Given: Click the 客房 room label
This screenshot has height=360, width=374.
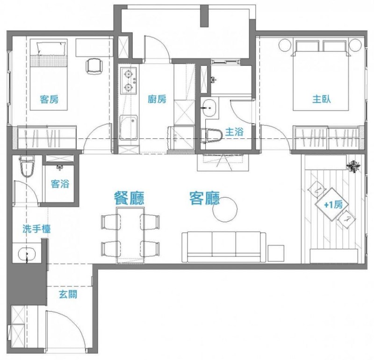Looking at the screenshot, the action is coord(49,99).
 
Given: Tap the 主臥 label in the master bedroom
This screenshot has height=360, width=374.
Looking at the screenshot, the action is coord(322,99).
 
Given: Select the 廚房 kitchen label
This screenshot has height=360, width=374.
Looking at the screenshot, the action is coord(157,99).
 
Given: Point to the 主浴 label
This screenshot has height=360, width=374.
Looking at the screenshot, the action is coord(234,132).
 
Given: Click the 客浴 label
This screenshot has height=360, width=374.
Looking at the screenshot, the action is coord(60,184).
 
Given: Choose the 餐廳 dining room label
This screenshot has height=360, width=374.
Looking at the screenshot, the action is coord(129,198).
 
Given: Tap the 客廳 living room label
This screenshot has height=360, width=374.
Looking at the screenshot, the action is coord(204,198).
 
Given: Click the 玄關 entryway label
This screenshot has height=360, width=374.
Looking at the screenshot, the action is coord(68,295).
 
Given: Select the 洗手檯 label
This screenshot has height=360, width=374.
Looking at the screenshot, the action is coord(36,229).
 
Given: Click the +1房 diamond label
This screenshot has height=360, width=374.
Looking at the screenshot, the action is coord(332,204).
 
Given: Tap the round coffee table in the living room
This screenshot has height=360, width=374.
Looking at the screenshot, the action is coord(225,209).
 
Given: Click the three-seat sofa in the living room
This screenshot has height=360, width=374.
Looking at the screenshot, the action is coord(224,247).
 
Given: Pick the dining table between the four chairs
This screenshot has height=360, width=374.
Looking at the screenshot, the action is coord(130,235).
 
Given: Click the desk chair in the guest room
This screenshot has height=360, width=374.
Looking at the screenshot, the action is coord(94,66).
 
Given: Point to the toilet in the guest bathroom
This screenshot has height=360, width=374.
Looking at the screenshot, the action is coord(27,166).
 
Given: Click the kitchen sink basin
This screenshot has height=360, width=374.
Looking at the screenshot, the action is coord(129,128).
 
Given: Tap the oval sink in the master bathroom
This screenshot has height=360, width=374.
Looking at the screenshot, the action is coord(209,108).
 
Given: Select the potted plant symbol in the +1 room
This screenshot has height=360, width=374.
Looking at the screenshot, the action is coord(354,166).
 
